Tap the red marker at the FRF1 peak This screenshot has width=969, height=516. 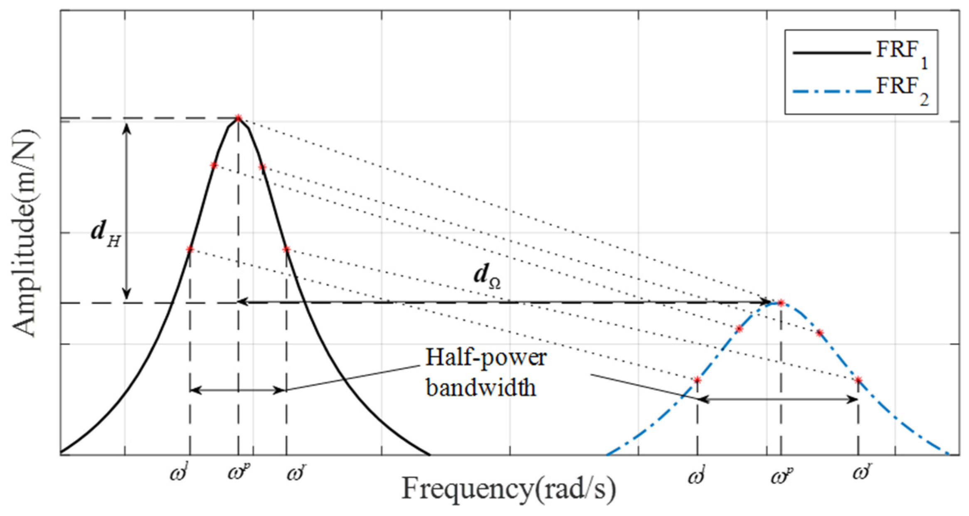point(238,118)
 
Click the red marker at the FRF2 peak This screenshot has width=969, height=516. point(781,303)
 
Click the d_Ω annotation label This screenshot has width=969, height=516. point(487,277)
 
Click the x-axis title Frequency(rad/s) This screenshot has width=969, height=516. point(508,489)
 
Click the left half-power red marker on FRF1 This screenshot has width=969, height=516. point(190,250)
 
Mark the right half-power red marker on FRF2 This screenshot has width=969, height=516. point(858,380)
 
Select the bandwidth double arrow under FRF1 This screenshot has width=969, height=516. point(238,390)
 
